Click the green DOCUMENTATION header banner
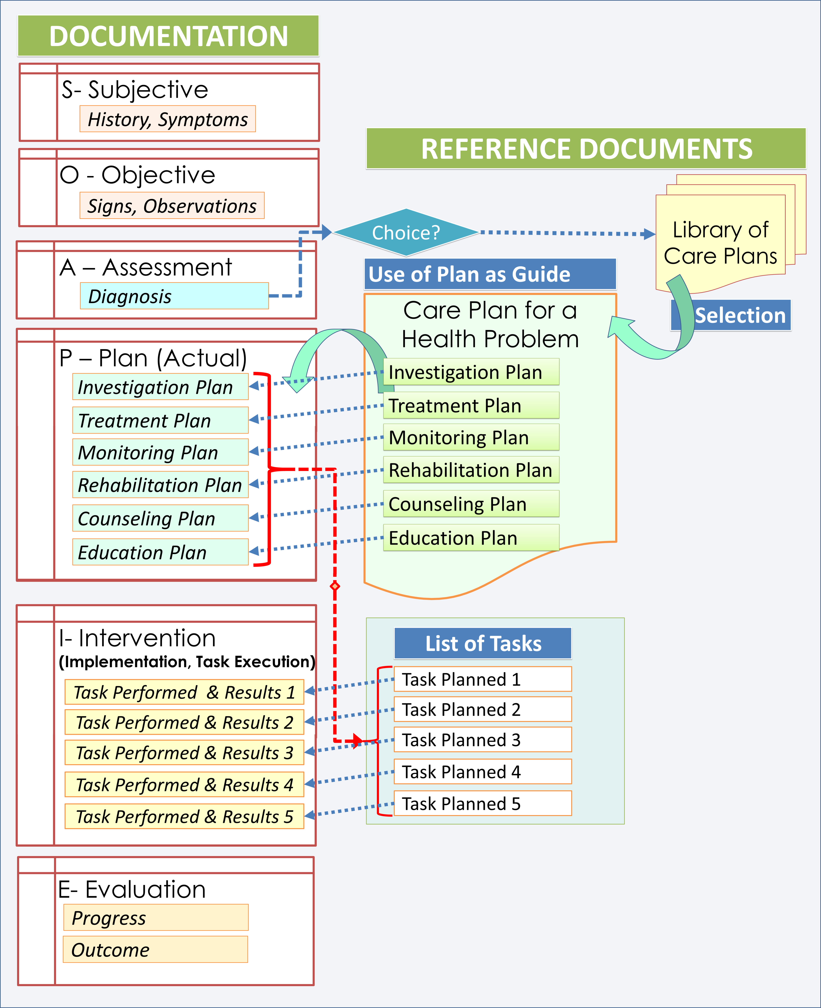[x=168, y=36]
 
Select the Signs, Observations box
[x=172, y=206]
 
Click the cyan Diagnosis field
[x=174, y=296]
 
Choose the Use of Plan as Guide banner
[x=490, y=274]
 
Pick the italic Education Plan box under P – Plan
[x=160, y=552]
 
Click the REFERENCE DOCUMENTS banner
[x=586, y=149]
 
